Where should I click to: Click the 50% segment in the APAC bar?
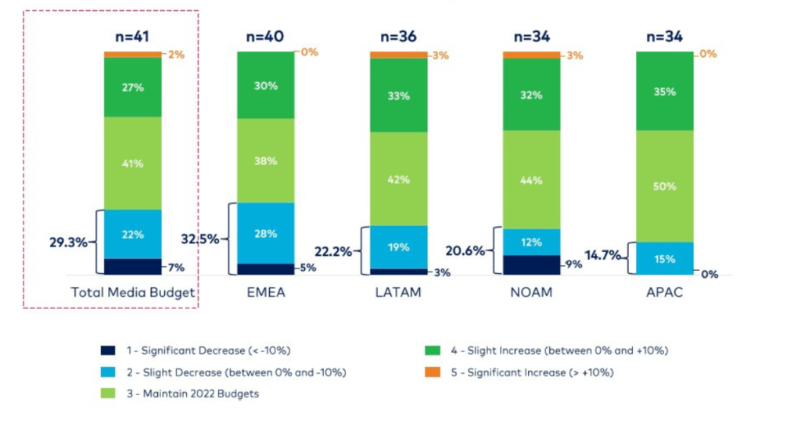665,185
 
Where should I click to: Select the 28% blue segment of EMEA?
266,233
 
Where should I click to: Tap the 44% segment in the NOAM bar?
532,179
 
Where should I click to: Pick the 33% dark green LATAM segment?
399,95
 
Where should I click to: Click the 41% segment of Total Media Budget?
133,163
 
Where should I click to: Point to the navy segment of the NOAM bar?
532,264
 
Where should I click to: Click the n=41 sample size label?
133,36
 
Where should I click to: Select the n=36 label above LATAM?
399,36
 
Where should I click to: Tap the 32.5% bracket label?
199,239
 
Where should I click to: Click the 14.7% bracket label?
608,255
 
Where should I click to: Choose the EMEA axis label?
265,293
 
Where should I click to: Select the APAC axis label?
664,293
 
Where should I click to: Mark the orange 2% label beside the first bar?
175,54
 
